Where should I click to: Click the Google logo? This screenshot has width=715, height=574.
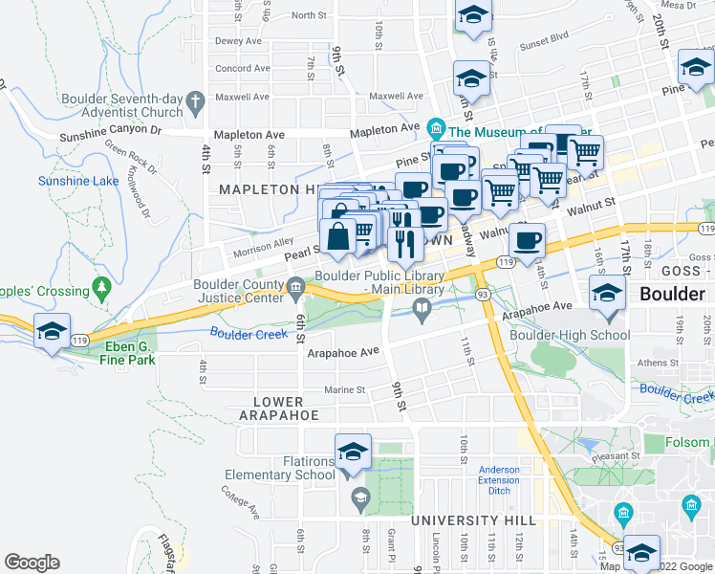(x=32, y=563)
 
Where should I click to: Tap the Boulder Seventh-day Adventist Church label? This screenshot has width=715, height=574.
(x=121, y=105)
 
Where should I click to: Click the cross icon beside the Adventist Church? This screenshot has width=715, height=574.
(x=196, y=99)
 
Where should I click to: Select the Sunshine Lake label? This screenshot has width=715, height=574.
(x=74, y=181)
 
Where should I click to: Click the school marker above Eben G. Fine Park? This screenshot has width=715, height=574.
(x=52, y=330)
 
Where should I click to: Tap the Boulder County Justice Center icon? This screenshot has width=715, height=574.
(x=296, y=286)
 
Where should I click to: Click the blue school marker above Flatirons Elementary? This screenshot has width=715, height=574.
(x=353, y=451)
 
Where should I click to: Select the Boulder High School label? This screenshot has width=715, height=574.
(x=570, y=335)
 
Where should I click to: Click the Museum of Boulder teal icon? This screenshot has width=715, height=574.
(x=436, y=127)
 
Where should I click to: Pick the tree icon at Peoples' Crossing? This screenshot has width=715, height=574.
(x=101, y=288)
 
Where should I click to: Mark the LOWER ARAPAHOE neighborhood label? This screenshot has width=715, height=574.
(x=278, y=408)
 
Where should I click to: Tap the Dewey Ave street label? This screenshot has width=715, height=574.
(x=238, y=41)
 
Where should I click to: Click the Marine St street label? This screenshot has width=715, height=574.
(x=345, y=389)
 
